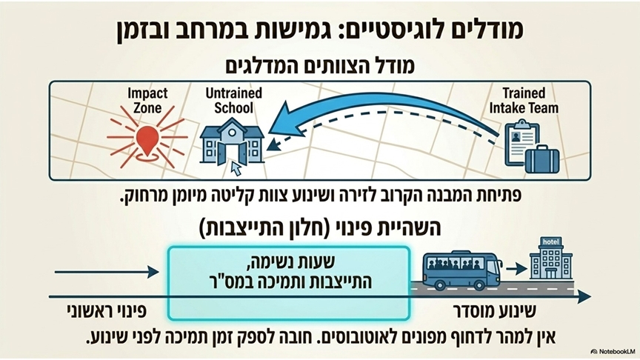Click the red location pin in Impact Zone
[147, 140]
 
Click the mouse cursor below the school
[236, 168]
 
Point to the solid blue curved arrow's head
[281, 122]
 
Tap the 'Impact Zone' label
[147, 101]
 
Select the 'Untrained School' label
[233, 101]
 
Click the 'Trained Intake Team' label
[524, 101]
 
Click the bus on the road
[462, 270]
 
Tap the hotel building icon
[551, 258]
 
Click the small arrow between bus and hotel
[516, 269]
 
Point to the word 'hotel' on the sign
[550, 241]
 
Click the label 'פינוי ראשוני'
[107, 311]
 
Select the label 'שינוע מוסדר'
[495, 311]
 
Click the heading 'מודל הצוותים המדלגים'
[320, 66]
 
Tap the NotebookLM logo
[613, 351]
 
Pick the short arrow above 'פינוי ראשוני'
[107, 272]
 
